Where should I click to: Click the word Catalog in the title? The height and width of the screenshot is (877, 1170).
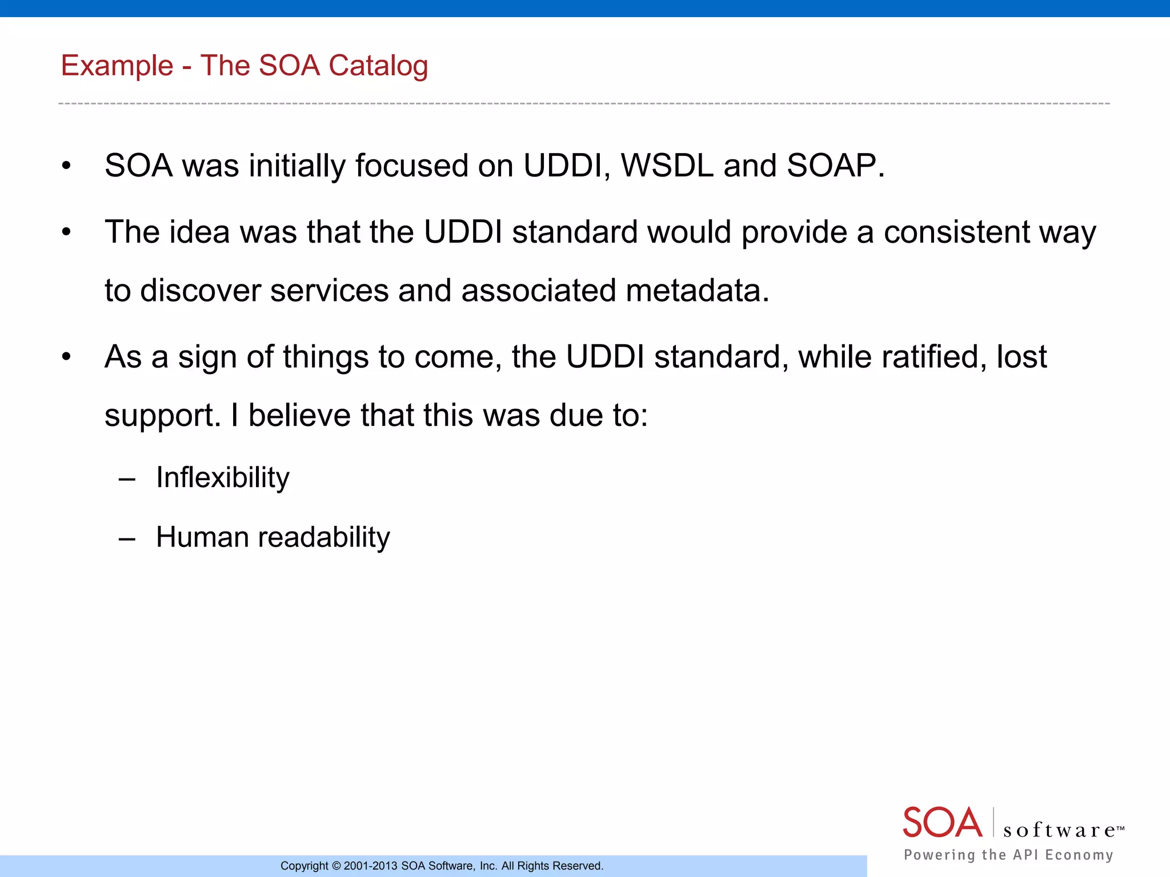(x=378, y=66)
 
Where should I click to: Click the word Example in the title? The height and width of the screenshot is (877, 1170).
(x=117, y=66)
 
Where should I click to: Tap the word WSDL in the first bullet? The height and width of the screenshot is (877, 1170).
(x=667, y=166)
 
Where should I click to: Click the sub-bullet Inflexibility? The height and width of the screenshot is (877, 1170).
(x=223, y=477)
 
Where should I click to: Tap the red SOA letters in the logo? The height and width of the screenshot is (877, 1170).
(x=942, y=823)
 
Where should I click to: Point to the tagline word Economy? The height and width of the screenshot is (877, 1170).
(x=1079, y=855)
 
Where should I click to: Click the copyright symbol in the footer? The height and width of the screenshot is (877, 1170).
(x=336, y=866)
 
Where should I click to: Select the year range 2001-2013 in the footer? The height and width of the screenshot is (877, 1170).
(x=370, y=866)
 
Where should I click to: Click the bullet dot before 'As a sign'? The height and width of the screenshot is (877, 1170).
(x=66, y=357)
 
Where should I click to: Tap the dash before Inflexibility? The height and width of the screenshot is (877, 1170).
(x=127, y=478)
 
